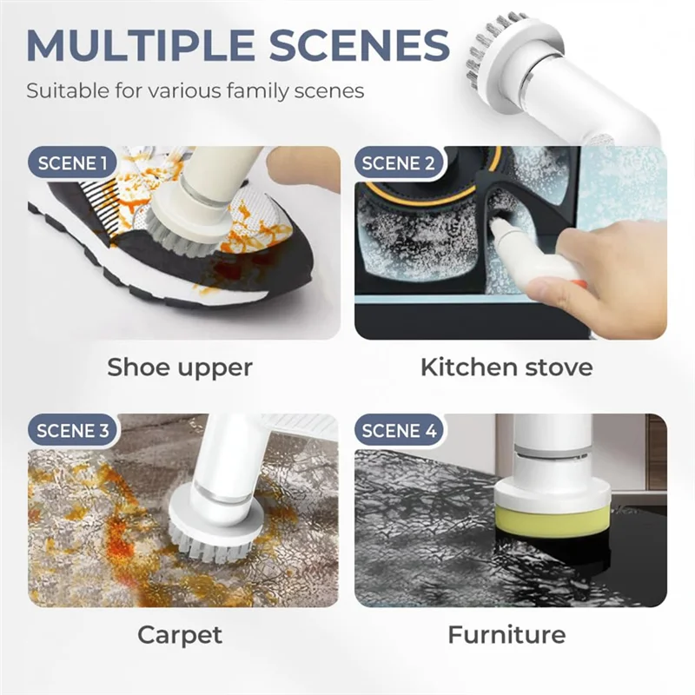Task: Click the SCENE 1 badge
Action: click(x=72, y=162)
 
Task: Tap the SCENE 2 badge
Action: click(x=399, y=162)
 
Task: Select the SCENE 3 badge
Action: click(x=72, y=430)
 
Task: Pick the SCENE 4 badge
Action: click(x=399, y=430)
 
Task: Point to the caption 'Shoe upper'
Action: click(x=180, y=367)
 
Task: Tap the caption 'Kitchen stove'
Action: click(x=506, y=367)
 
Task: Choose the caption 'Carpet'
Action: click(x=180, y=634)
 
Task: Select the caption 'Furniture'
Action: click(x=506, y=634)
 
